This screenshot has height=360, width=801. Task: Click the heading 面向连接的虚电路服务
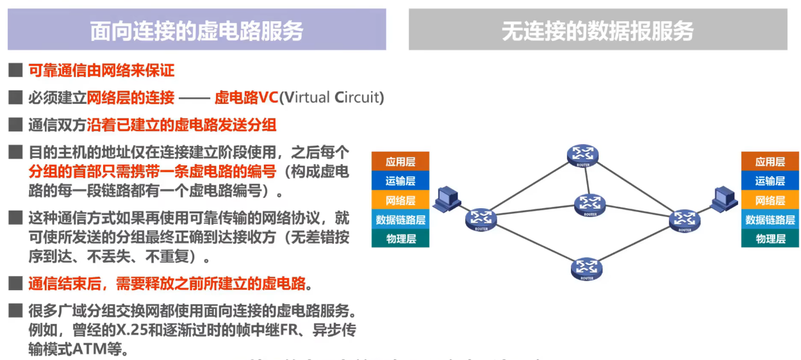[x=196, y=31]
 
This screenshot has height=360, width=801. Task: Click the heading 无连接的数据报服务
[x=597, y=31]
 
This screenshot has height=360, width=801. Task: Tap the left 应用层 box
[x=400, y=161]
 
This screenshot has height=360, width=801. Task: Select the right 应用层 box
[x=770, y=161]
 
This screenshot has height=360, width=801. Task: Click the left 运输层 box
[x=400, y=181]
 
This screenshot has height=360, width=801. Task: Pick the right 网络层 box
[x=770, y=200]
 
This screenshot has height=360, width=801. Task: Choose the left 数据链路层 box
[x=400, y=219]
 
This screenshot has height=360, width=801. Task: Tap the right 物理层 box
[x=770, y=238]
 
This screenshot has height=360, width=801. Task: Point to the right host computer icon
[x=725, y=199]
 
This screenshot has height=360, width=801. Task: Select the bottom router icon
[x=586, y=268]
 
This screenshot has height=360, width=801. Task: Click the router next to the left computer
[x=481, y=219]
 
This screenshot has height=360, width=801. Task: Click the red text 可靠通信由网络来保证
[x=101, y=70]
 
